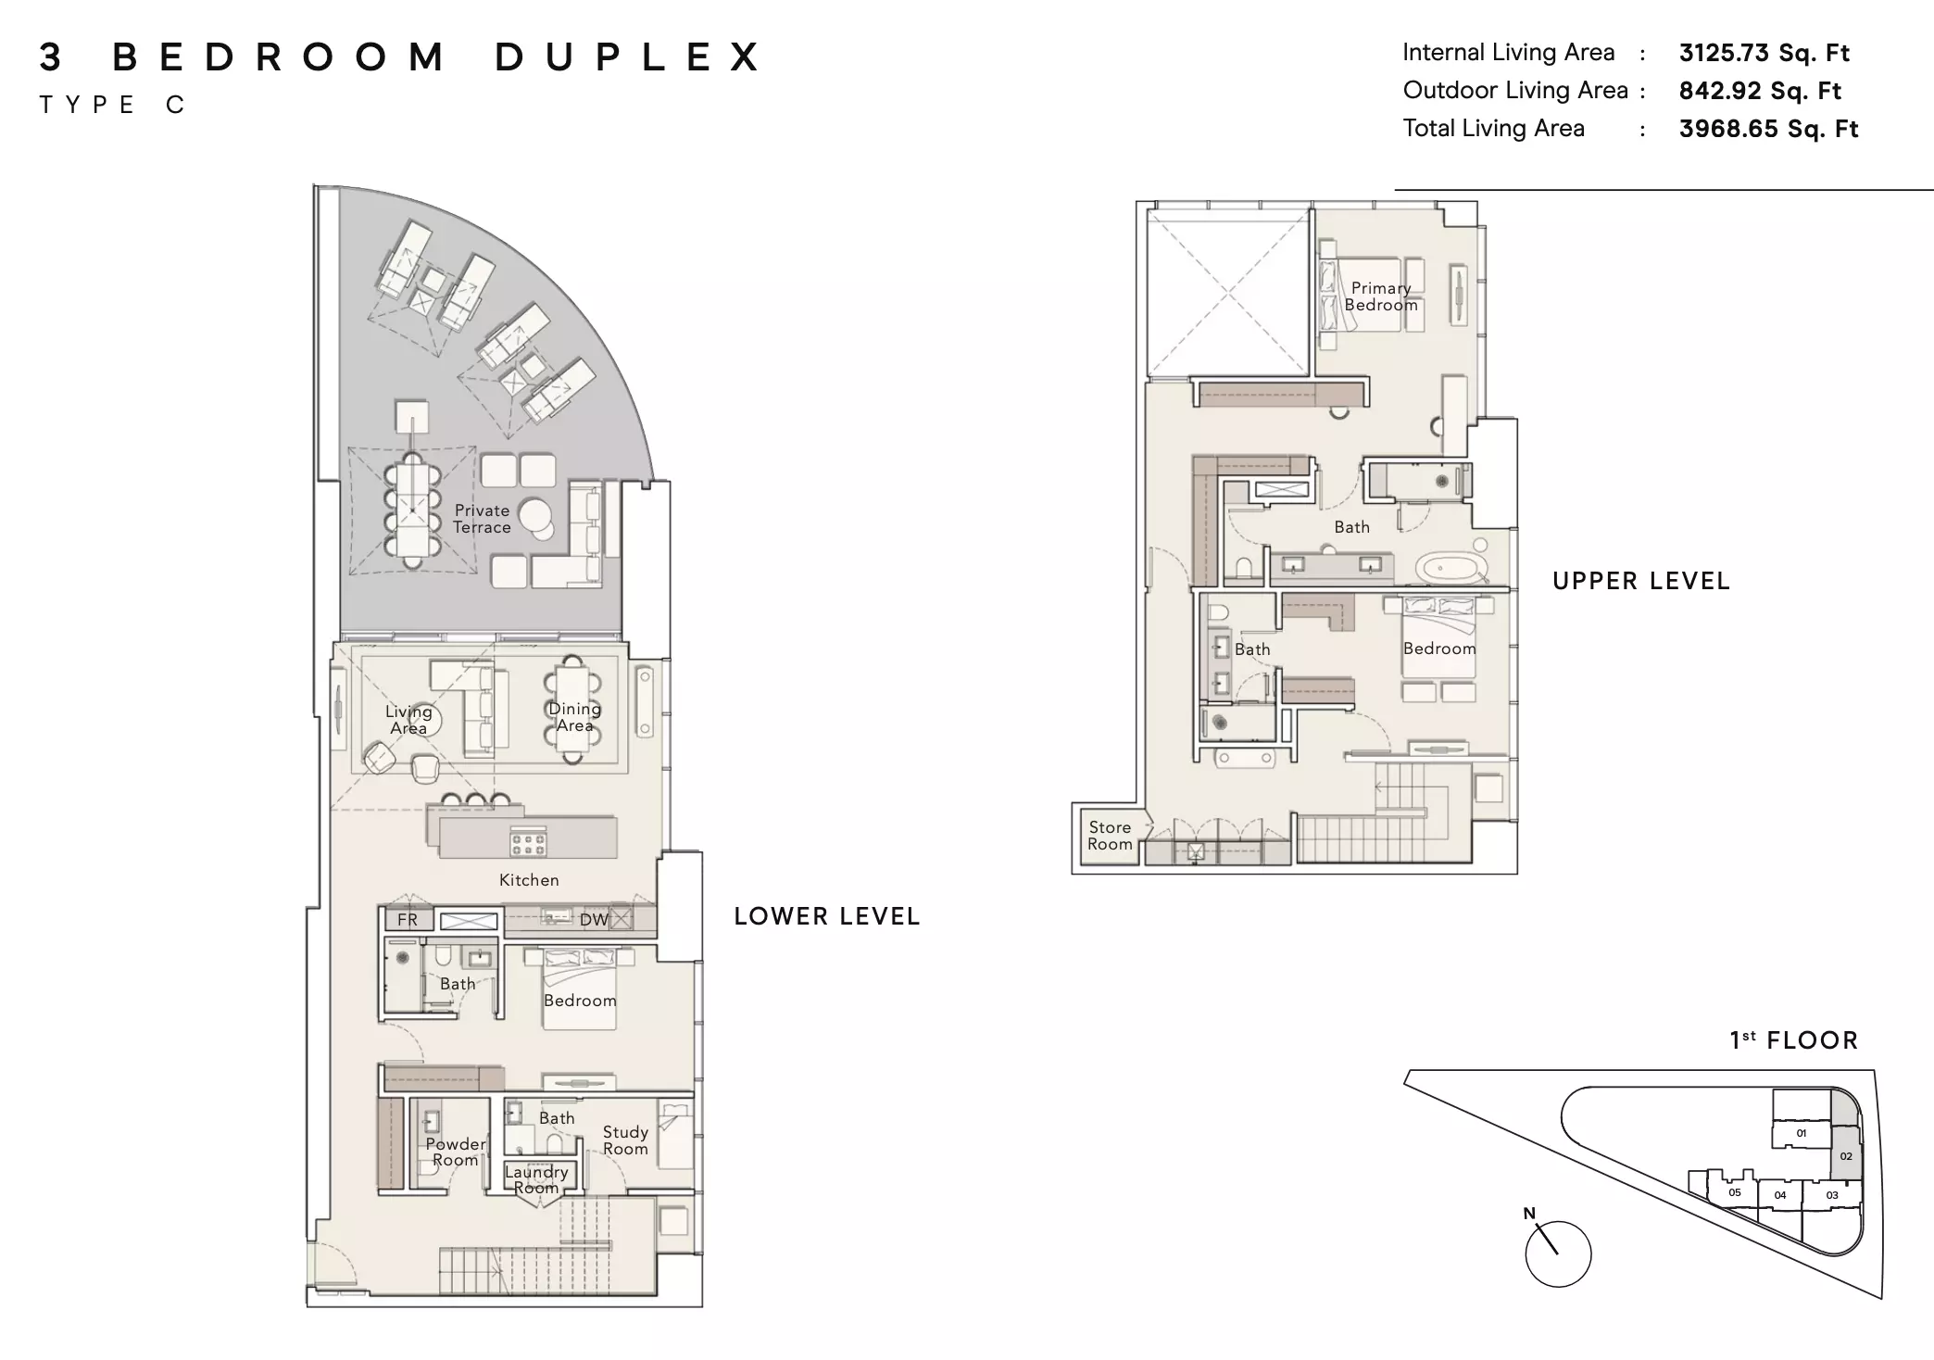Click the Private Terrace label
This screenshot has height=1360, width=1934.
click(482, 519)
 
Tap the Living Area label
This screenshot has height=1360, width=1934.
click(408, 720)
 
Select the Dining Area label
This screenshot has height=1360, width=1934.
click(574, 717)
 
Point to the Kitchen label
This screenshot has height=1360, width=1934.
click(529, 880)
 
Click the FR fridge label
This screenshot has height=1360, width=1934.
click(408, 920)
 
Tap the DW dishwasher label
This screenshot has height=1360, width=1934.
click(594, 920)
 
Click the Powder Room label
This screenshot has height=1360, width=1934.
click(456, 1152)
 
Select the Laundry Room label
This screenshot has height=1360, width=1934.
click(536, 1179)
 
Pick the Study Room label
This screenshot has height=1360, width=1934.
click(625, 1140)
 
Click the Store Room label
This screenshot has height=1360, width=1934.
click(1110, 836)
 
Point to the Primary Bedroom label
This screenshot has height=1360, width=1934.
click(1381, 296)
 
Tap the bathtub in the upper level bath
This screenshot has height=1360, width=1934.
click(1451, 567)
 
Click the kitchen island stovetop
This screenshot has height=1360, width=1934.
click(528, 843)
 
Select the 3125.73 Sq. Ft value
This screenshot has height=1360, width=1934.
click(1764, 53)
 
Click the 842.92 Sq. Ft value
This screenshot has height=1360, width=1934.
click(1760, 91)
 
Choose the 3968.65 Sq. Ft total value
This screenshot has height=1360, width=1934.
click(1768, 129)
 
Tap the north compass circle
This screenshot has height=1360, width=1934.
click(1558, 1253)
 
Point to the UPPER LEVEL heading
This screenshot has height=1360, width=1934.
click(1641, 581)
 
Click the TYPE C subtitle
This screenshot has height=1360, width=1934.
click(112, 105)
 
